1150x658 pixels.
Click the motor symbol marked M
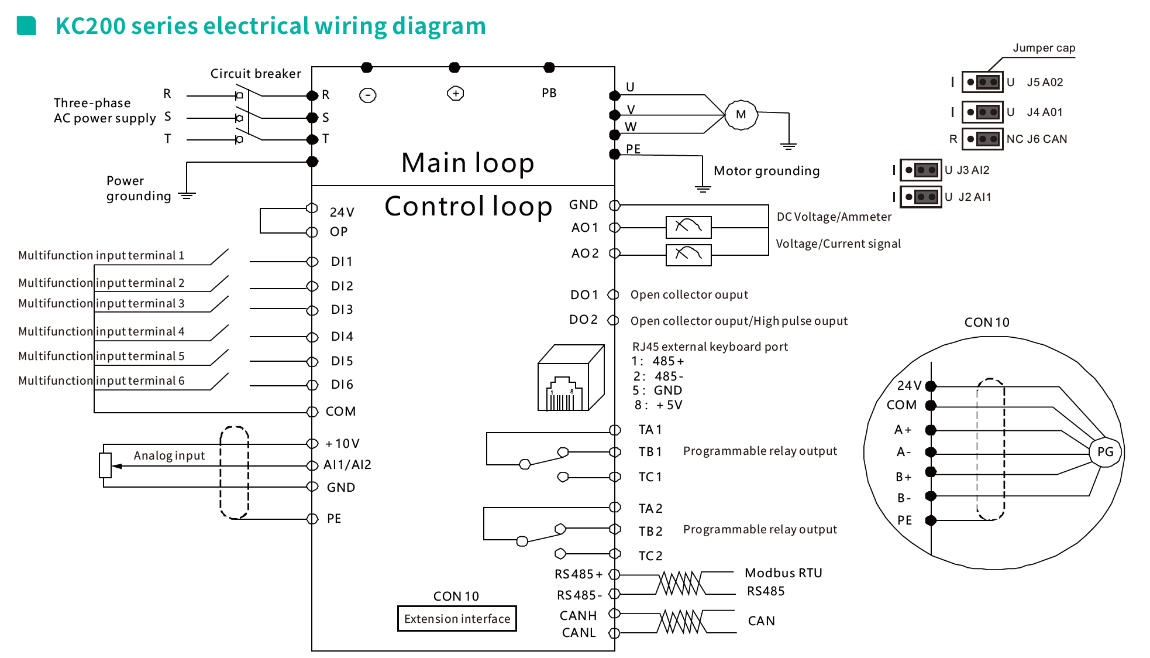point(741,115)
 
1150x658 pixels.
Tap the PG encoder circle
point(1105,451)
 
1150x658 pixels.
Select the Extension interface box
point(457,619)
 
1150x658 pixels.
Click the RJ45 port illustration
point(570,378)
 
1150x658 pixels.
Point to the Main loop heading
point(467,163)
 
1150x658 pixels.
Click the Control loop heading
point(468,206)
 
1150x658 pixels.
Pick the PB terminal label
point(549,93)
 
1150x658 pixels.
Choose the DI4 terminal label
point(342,337)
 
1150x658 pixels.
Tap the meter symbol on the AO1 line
point(688,227)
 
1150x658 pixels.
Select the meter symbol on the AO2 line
point(688,255)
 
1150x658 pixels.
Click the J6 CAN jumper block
point(983,139)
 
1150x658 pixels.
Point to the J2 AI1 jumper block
point(921,197)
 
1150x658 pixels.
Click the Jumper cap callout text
point(1044,48)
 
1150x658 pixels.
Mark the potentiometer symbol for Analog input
point(105,465)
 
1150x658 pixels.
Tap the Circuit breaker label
point(256,74)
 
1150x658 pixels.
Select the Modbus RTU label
point(783,573)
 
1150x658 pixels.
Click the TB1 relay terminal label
point(650,452)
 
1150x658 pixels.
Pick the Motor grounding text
point(766,171)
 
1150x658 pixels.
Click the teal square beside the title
point(26,26)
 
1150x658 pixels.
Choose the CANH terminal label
point(578,616)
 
